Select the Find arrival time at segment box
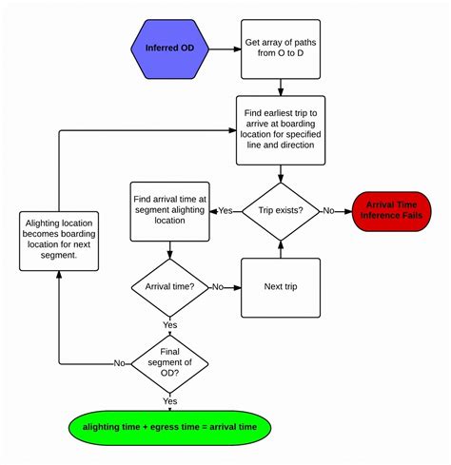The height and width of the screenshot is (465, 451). [x=169, y=209]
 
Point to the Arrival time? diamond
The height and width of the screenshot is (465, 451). [x=169, y=285]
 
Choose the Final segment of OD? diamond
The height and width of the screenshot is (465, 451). [x=169, y=362]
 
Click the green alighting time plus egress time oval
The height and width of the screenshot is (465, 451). [x=169, y=427]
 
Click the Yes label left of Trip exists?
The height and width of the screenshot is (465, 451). [x=226, y=210]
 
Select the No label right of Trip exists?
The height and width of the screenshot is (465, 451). [x=329, y=210]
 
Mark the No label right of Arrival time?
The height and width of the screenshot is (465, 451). [x=218, y=286]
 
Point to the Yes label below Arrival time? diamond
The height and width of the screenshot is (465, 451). [x=169, y=324]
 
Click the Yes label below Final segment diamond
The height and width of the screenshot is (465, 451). [x=169, y=400]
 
